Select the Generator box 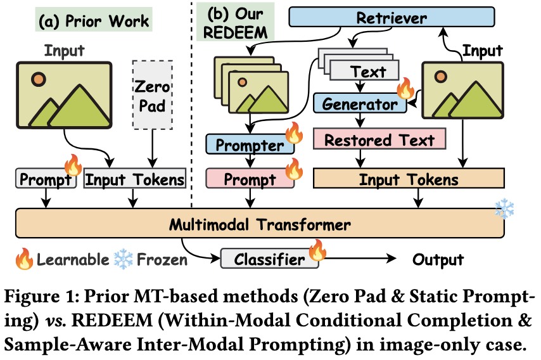pos(359,104)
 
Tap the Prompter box pos(250,145)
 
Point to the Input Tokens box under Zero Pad pos(135,179)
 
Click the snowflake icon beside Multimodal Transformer pos(504,210)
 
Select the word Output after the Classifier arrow pos(438,259)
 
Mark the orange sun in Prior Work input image pos(39,80)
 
